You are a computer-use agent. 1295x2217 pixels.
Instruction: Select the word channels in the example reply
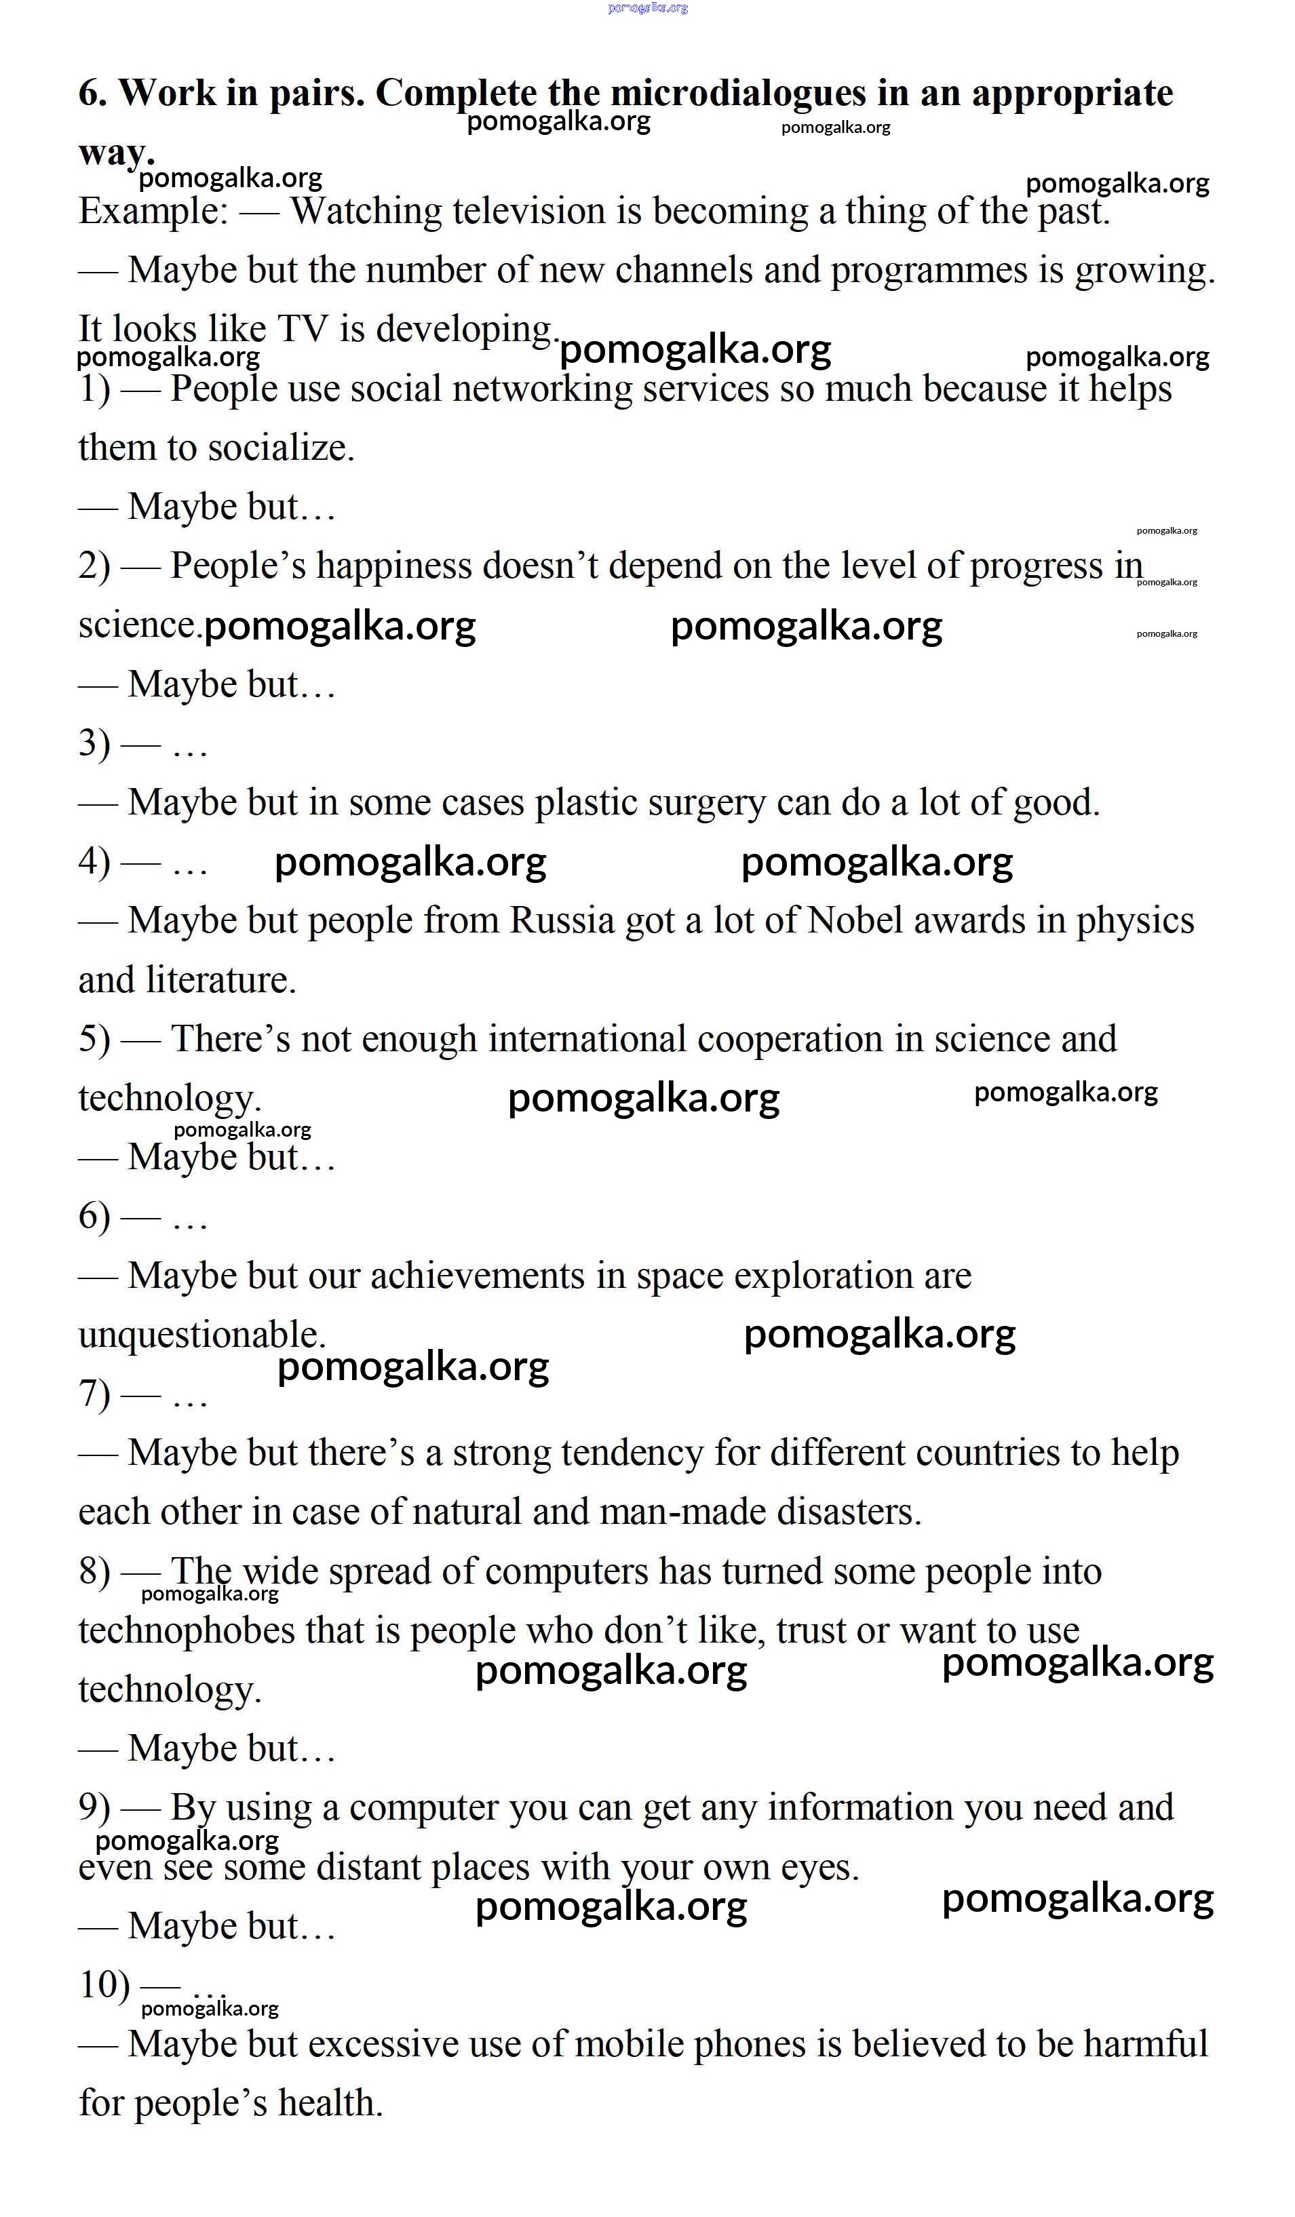click(x=684, y=270)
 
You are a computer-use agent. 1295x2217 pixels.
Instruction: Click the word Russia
click(x=562, y=921)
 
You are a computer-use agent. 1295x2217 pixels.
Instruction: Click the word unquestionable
click(x=201, y=1335)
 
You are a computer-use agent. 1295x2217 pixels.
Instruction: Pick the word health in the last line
click(x=330, y=2104)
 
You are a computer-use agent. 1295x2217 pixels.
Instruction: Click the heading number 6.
click(x=92, y=92)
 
